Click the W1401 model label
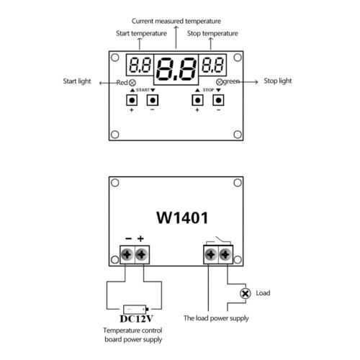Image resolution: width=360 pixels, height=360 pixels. tap(182, 217)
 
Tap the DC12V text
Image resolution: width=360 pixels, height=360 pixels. tap(136, 319)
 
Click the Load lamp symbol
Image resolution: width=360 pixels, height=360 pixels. tap(246, 293)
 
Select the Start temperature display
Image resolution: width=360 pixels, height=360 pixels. tap(140, 65)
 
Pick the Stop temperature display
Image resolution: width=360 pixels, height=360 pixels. tap(212, 65)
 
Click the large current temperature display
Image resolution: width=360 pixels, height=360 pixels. tap(176, 69)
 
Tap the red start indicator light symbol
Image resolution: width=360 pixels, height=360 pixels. tap(132, 83)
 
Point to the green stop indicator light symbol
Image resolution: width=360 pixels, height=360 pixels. tap(220, 82)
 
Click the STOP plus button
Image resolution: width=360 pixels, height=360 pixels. tap(197, 100)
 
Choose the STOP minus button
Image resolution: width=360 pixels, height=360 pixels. tap(218, 100)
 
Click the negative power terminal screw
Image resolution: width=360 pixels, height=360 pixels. tap(127, 254)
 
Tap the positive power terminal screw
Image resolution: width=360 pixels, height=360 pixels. tap(142, 254)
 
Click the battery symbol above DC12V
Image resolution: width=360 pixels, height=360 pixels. tap(136, 310)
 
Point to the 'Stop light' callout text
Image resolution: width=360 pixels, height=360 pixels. tap(278, 81)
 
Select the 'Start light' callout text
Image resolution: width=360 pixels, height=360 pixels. tap(77, 81)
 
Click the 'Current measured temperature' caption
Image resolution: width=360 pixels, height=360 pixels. tap(176, 21)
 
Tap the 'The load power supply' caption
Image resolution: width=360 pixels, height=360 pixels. tap(216, 318)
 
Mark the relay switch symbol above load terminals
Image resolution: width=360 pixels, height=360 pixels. tap(218, 240)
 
